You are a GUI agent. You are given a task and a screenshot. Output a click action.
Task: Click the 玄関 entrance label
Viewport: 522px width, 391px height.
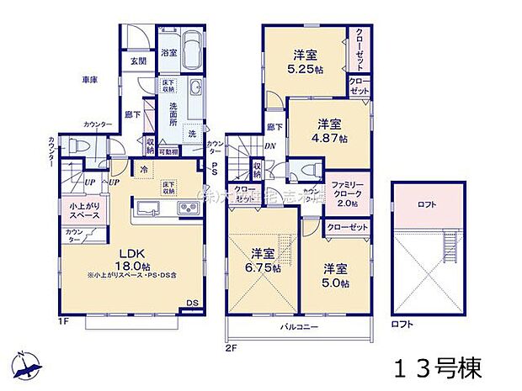pos(138,61)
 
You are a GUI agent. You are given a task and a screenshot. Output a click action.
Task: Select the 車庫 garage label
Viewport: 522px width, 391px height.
pos(90,80)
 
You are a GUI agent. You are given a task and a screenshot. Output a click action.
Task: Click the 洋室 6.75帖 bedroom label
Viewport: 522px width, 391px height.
pos(262,258)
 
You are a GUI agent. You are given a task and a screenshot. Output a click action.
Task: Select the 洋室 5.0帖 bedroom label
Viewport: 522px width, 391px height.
pos(335,274)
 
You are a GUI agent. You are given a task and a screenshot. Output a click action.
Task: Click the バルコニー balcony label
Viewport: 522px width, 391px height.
pos(298,324)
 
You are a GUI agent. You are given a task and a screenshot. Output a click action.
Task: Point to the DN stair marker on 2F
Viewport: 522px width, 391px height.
pos(271,145)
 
